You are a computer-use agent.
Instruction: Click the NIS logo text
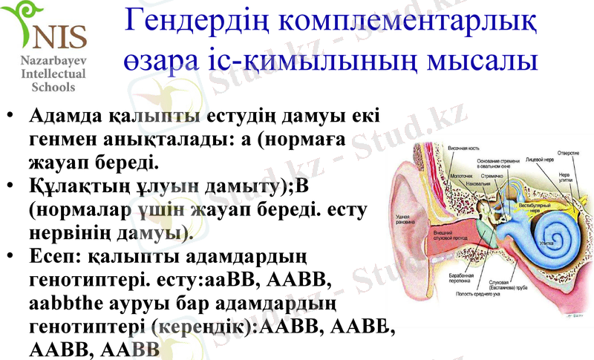[59, 34]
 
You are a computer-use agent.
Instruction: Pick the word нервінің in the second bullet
[67, 233]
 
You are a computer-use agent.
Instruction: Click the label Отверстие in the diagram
[568, 153]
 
